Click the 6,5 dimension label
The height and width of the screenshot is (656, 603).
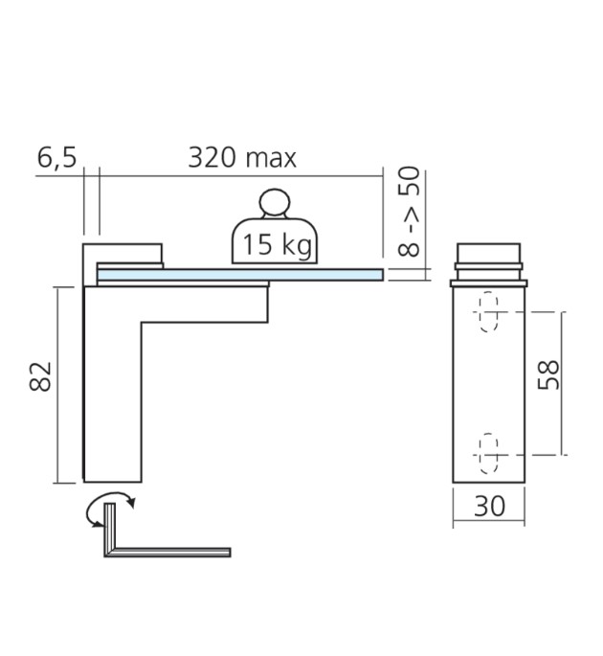56,158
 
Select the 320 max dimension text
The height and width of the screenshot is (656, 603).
242,158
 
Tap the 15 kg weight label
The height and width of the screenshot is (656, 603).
276,245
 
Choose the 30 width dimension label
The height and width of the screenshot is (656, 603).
489,507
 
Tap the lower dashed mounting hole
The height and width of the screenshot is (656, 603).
489,451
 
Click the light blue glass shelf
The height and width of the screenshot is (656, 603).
239,275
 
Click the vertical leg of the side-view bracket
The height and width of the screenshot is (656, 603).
113,402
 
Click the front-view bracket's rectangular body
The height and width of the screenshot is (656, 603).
489,383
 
